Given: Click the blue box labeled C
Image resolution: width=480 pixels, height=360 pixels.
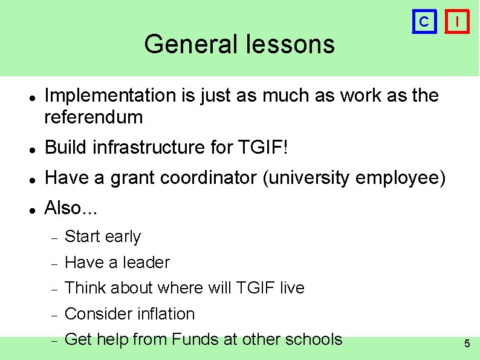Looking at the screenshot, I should tap(424, 22).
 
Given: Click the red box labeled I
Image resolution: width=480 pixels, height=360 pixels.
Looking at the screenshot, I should tap(458, 22).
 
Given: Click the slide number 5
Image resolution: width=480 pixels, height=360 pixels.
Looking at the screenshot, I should tap(467, 344).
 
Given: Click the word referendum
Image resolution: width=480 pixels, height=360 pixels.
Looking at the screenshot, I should tap(94, 117).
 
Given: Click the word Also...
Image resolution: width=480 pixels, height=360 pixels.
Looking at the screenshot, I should tap(62, 208).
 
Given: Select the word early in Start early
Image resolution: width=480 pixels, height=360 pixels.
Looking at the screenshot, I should tap(123, 237).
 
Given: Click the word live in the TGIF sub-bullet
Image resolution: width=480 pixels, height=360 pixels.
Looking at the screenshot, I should tap(292, 288).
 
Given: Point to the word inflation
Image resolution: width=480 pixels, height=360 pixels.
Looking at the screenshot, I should tap(166, 314).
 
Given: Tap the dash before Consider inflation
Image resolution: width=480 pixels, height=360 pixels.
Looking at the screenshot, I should tap(54, 315).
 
